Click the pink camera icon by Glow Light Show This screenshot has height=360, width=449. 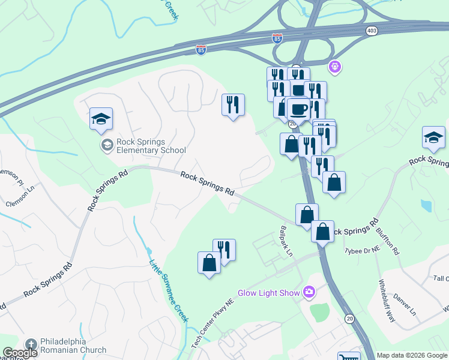pos(309,292)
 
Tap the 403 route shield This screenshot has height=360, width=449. pos(372,30)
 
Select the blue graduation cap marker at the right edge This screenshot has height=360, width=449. pos(433,138)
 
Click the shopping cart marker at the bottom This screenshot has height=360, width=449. pos(348,356)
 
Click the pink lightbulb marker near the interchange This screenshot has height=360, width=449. pos(335,67)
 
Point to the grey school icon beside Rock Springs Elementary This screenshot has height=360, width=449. pos(107,145)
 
